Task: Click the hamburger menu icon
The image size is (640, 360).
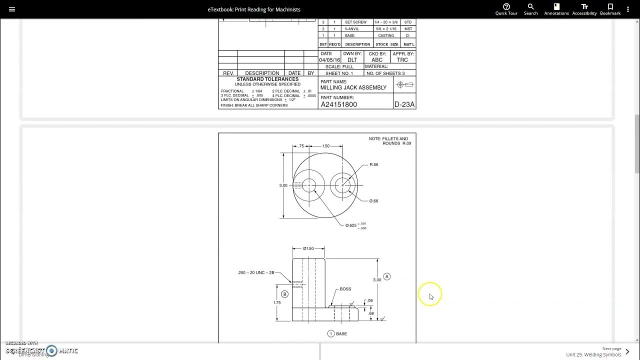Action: tap(12, 9)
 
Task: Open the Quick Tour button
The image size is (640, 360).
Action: tap(506, 9)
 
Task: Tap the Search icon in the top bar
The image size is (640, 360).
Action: tap(530, 9)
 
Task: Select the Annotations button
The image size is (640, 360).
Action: tap(556, 9)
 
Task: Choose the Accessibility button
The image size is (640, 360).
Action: tap(584, 9)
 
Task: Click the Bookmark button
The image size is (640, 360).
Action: tap(610, 9)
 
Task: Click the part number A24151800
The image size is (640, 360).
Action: tap(338, 104)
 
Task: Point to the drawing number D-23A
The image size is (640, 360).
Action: tap(404, 104)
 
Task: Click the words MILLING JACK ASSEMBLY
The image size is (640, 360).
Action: tap(353, 87)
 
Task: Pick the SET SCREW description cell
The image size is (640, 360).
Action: tap(355, 22)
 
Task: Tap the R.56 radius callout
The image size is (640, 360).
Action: tap(373, 164)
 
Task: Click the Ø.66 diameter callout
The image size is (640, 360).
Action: tap(373, 201)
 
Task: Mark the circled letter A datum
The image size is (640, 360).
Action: tap(386, 276)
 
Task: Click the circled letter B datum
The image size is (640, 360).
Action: tap(284, 294)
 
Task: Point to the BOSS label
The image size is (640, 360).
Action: tap(345, 289)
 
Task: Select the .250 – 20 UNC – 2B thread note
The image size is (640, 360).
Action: tap(255, 272)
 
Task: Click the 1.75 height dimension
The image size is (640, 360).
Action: tap(276, 302)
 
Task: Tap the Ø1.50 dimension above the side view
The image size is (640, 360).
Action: tap(308, 248)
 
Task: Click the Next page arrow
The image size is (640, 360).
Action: tap(627, 351)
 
